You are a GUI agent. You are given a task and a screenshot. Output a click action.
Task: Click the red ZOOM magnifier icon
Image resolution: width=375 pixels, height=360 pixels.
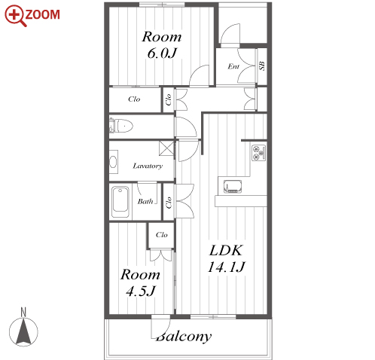pyautogui.click(x=15, y=16)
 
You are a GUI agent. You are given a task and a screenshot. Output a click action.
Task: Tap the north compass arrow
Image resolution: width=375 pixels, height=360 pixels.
pyautogui.click(x=23, y=331)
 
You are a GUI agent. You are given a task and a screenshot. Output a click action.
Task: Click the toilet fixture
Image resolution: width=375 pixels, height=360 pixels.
pyautogui.click(x=121, y=126)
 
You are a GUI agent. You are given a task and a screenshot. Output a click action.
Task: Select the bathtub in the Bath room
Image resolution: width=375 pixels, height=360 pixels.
pyautogui.click(x=120, y=202)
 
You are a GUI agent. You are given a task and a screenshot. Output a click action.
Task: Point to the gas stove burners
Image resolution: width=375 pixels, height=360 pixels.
pyautogui.click(x=259, y=153)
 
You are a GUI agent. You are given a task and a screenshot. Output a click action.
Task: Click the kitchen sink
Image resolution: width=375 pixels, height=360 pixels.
pyautogui.click(x=233, y=187)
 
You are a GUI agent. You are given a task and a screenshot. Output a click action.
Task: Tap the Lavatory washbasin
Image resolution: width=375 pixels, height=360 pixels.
pyautogui.click(x=113, y=162)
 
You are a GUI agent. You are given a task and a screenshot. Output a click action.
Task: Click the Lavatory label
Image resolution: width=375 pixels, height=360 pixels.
pyautogui.click(x=148, y=166)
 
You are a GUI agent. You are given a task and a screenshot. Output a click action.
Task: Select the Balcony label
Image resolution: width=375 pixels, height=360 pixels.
pyautogui.click(x=184, y=337)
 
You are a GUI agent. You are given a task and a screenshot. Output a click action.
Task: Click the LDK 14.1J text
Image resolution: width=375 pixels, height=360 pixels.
pyautogui.click(x=226, y=258)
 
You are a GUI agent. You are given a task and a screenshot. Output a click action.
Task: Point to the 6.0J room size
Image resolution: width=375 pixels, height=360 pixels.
pyautogui.click(x=162, y=53)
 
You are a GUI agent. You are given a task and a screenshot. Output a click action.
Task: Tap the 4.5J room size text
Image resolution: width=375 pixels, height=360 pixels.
pyautogui.click(x=141, y=291)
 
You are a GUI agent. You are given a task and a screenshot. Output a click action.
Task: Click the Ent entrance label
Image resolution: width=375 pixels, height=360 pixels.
pyautogui.click(x=233, y=66)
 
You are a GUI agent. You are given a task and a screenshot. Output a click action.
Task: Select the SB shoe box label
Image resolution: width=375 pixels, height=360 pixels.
pyautogui.click(x=261, y=66)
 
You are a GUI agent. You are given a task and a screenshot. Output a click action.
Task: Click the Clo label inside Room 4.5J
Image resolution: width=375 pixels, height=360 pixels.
pyautogui.click(x=161, y=235)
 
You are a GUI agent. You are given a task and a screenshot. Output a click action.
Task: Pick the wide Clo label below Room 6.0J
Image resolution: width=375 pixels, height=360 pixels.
pyautogui.click(x=134, y=99)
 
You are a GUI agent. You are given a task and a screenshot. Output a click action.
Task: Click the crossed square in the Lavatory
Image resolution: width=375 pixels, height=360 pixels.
pyautogui.click(x=166, y=148)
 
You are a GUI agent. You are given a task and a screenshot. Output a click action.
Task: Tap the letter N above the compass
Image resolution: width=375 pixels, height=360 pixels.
pyautogui.click(x=23, y=313)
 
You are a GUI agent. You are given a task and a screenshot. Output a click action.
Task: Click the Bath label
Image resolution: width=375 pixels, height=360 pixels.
pyautogui.click(x=145, y=201)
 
